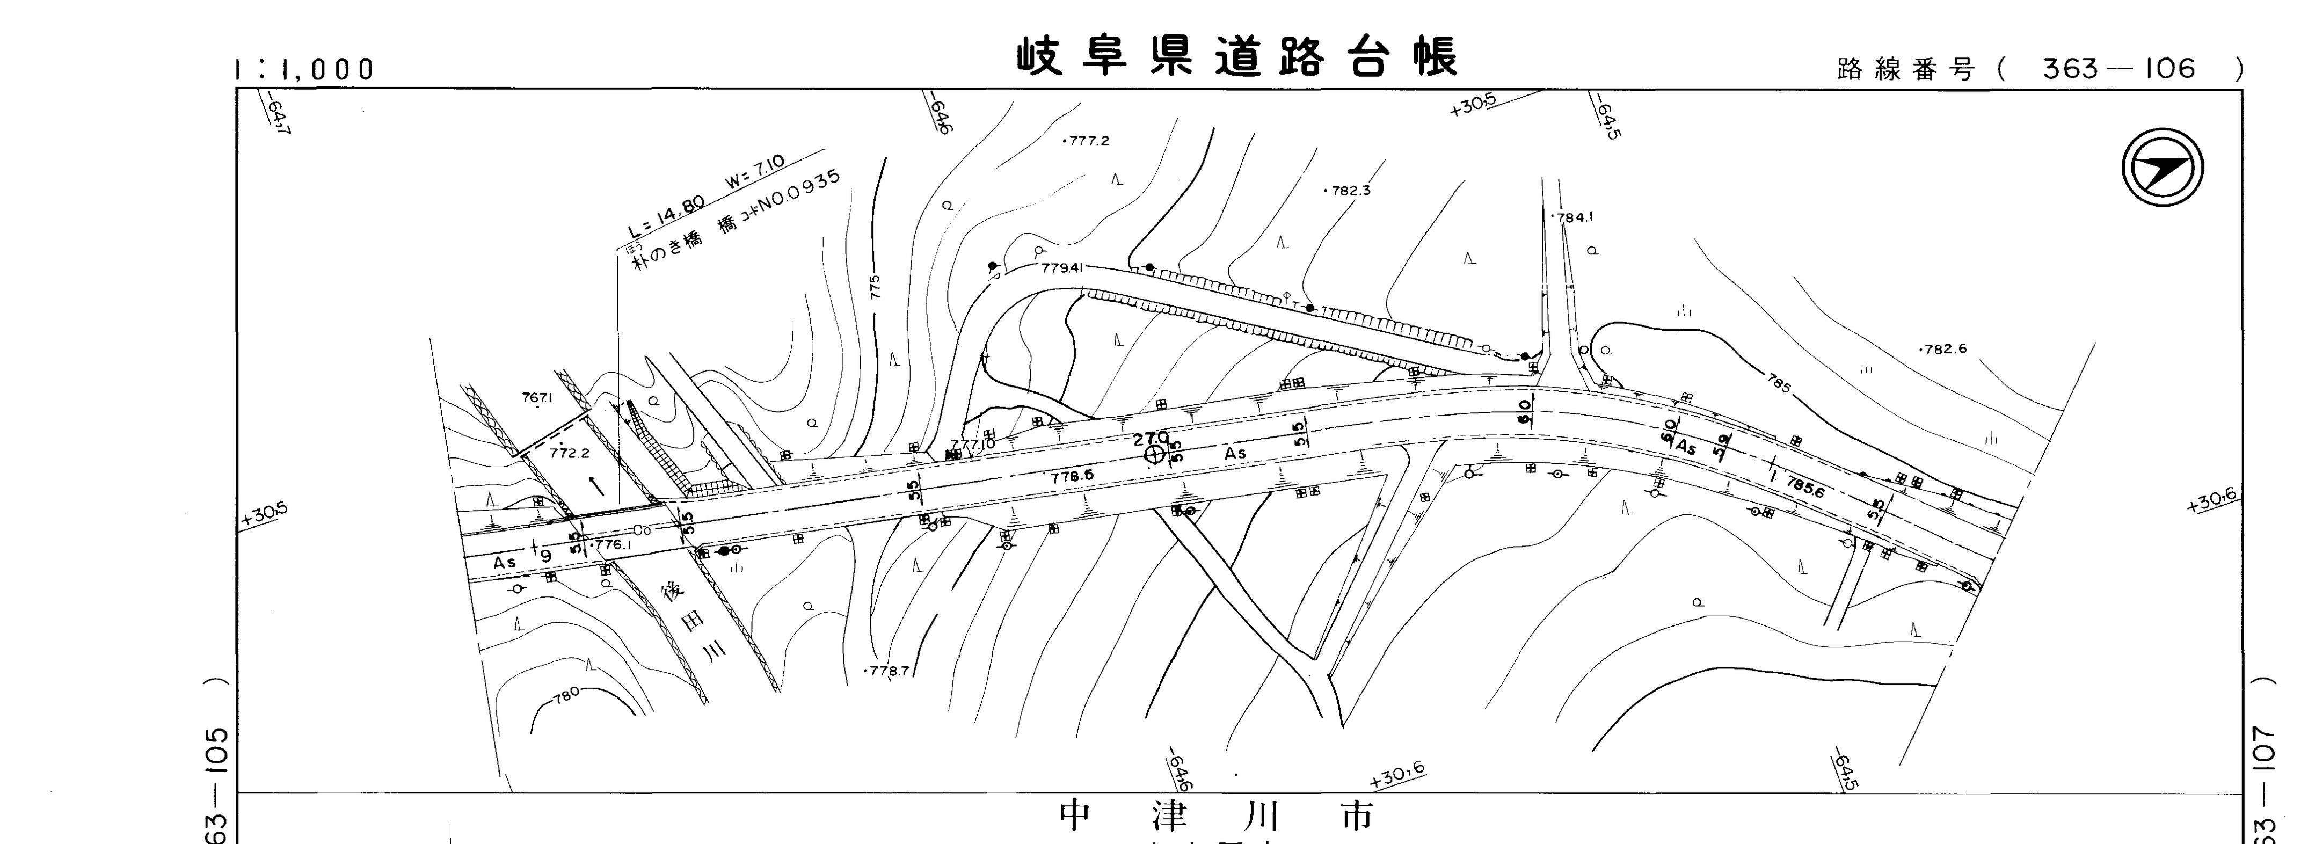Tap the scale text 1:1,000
[x=304, y=70]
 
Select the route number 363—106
[x=2119, y=69]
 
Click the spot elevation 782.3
[x=1349, y=191]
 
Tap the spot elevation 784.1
[x=1574, y=217]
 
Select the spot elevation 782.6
[x=1944, y=350]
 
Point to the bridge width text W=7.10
[x=755, y=173]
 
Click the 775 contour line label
[x=875, y=287]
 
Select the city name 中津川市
[x=1216, y=816]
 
